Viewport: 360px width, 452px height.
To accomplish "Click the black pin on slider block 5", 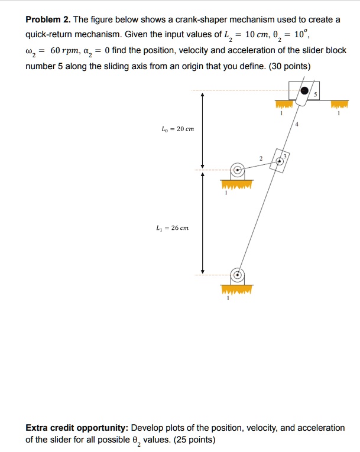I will coord(304,91).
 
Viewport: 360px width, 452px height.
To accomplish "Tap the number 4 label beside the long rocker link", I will coord(297,124).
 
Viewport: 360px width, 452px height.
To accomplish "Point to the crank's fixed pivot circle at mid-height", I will coord(237,170).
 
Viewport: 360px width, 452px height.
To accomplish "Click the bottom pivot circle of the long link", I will coord(237,275).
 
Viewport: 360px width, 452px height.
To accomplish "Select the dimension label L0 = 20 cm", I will coord(177,129).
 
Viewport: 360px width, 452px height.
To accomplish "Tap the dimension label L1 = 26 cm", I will coord(177,227).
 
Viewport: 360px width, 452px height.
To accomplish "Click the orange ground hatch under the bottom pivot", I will coord(237,290).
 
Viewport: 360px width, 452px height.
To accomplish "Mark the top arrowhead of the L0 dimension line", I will coord(203,94).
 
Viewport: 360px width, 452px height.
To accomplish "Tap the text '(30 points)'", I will coord(290,66).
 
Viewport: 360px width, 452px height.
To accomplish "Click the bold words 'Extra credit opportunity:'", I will coord(77,428).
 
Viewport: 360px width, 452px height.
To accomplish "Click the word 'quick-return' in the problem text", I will coord(50,35).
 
